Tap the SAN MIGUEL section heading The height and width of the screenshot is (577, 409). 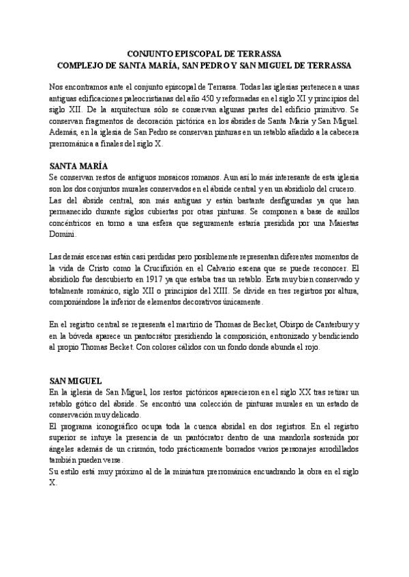[76, 382]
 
